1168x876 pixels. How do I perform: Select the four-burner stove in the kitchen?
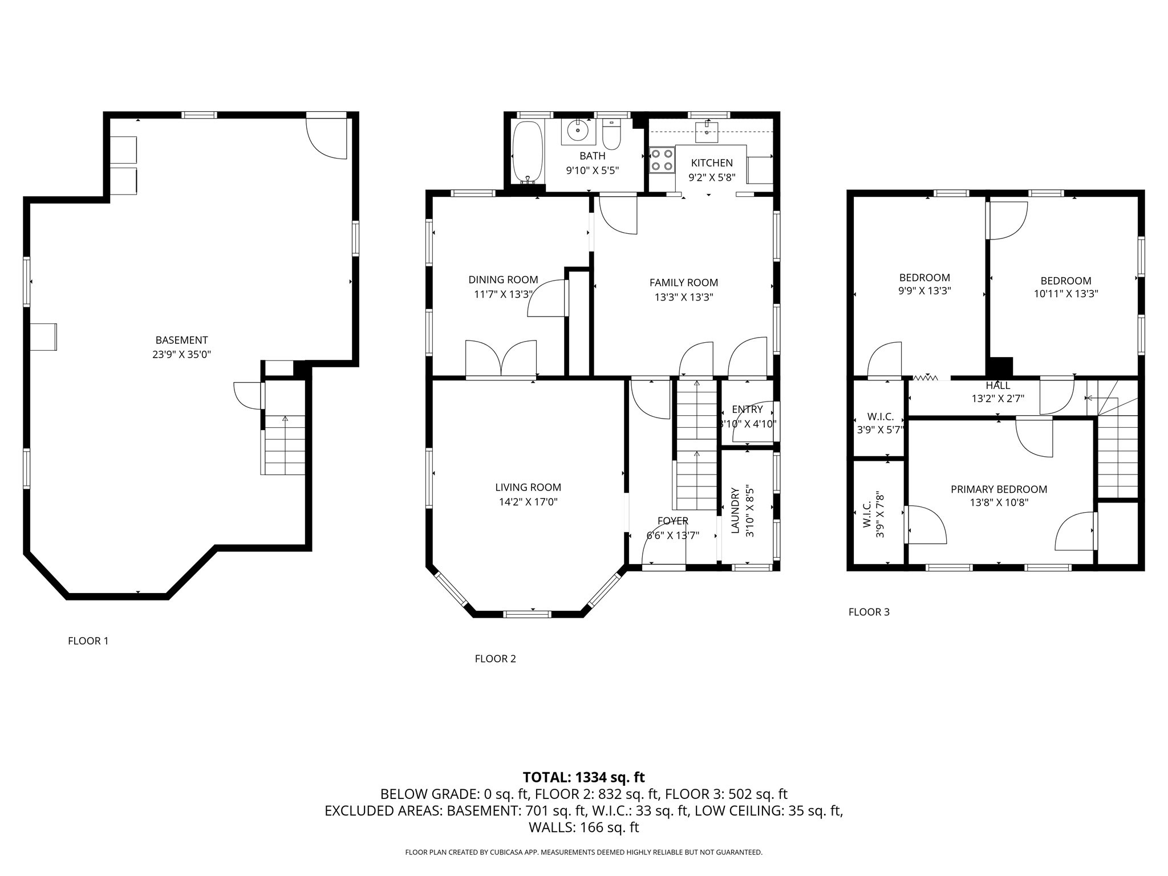tap(662, 160)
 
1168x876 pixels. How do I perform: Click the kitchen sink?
tap(707, 131)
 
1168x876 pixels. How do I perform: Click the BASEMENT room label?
tap(181, 340)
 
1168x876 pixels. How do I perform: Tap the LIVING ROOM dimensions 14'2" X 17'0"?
tap(528, 502)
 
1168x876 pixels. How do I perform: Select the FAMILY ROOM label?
tap(683, 282)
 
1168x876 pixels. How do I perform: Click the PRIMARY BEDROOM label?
tap(999, 489)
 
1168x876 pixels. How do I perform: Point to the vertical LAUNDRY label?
tap(735, 510)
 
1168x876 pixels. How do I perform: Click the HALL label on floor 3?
tap(997, 386)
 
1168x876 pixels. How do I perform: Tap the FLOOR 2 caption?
tap(495, 659)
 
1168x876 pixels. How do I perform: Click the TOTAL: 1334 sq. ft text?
tap(583, 777)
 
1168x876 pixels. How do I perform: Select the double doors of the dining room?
tap(501, 359)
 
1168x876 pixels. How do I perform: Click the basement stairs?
tap(285, 445)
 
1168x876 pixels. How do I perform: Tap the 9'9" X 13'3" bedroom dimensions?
tap(924, 291)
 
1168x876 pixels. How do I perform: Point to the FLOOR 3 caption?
tap(869, 612)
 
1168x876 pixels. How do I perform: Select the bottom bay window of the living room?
tap(527, 614)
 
